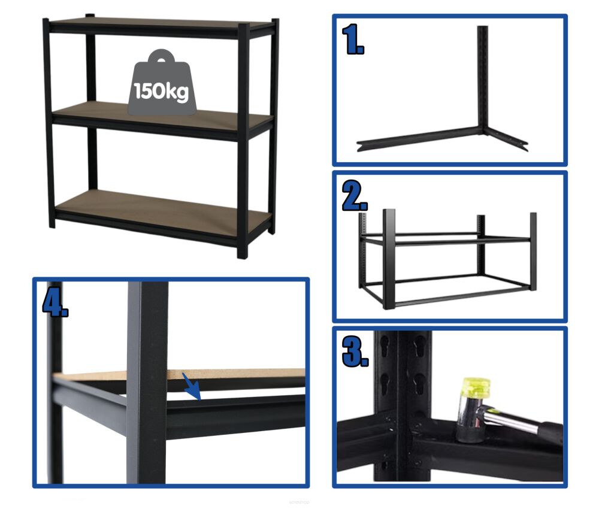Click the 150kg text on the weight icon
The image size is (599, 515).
(x=161, y=92)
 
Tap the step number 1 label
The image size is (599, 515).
(x=353, y=40)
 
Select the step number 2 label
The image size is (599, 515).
(x=355, y=196)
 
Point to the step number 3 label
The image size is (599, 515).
(x=355, y=352)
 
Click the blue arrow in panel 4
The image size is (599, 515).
(x=192, y=386)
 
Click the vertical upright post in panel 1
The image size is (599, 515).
(x=482, y=80)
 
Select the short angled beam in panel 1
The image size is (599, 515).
(x=506, y=139)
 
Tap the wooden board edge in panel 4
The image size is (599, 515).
(x=180, y=374)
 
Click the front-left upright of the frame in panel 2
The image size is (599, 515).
(x=389, y=259)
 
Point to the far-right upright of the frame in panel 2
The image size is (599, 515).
(x=533, y=251)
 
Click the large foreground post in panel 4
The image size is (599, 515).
(x=147, y=383)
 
